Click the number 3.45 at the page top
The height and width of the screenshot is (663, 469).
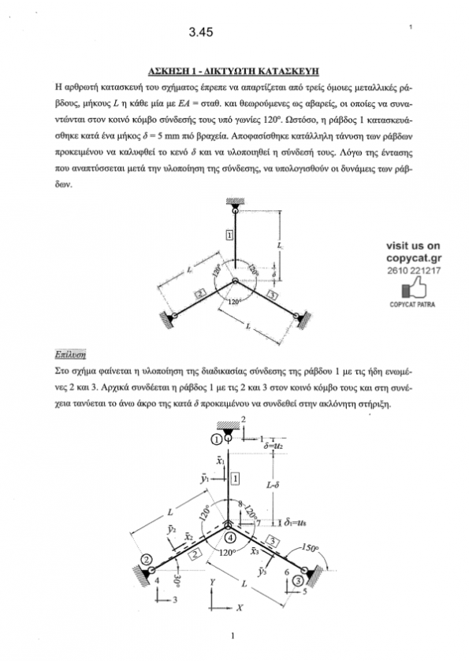point(201,32)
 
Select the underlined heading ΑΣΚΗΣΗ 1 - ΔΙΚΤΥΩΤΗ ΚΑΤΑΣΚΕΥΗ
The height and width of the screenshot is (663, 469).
point(233,71)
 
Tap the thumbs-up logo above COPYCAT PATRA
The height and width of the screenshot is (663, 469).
point(413,290)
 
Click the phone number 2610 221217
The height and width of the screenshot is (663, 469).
point(414,271)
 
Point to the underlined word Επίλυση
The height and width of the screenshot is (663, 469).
point(70,354)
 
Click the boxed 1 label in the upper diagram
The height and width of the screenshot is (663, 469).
point(229,235)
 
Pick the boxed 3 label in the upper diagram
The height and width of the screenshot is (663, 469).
point(273,295)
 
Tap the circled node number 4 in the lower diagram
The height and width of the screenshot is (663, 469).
point(230,538)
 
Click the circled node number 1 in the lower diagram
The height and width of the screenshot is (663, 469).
point(216,439)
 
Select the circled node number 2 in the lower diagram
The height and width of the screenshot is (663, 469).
point(147,559)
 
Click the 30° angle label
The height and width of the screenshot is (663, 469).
point(177,581)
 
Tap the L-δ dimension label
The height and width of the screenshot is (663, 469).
point(273,485)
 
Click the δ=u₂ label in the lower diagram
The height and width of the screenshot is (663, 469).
point(273,446)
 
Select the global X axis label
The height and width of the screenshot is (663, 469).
point(240,608)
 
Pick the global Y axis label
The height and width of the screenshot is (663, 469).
point(213,583)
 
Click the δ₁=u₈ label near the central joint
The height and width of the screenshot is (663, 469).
point(296,523)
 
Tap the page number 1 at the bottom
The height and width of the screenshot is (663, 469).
point(233,635)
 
